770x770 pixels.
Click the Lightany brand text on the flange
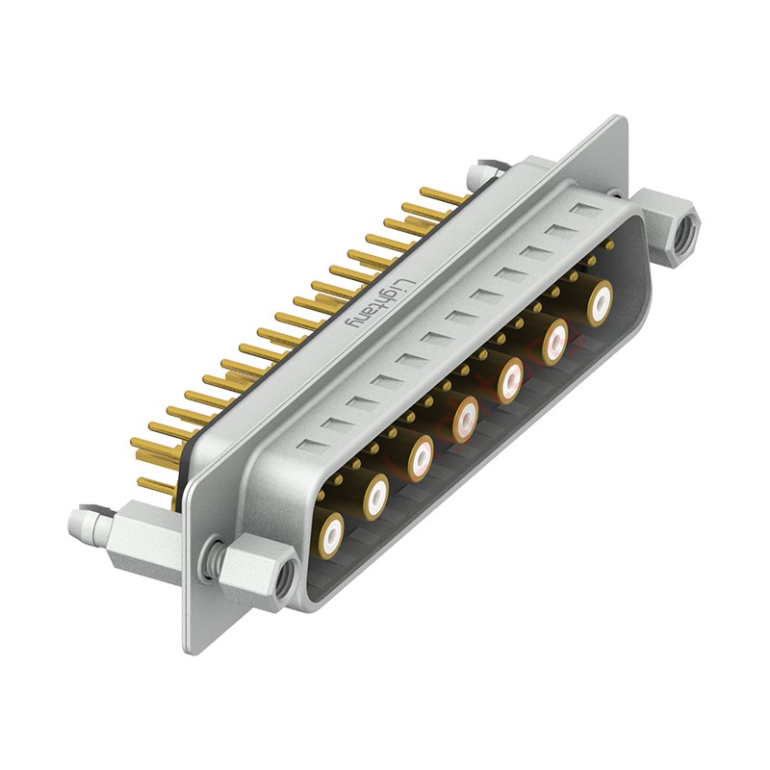click(x=381, y=304)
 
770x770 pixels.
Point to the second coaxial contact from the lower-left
click(x=375, y=495)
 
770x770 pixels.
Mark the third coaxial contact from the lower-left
click(x=421, y=457)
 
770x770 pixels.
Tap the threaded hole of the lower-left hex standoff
click(x=284, y=580)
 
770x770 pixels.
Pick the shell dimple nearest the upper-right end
click(x=583, y=209)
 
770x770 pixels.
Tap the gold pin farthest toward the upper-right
click(x=445, y=196)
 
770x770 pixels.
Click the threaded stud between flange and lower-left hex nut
click(x=214, y=559)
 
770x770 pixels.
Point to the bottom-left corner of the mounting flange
click(x=189, y=649)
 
